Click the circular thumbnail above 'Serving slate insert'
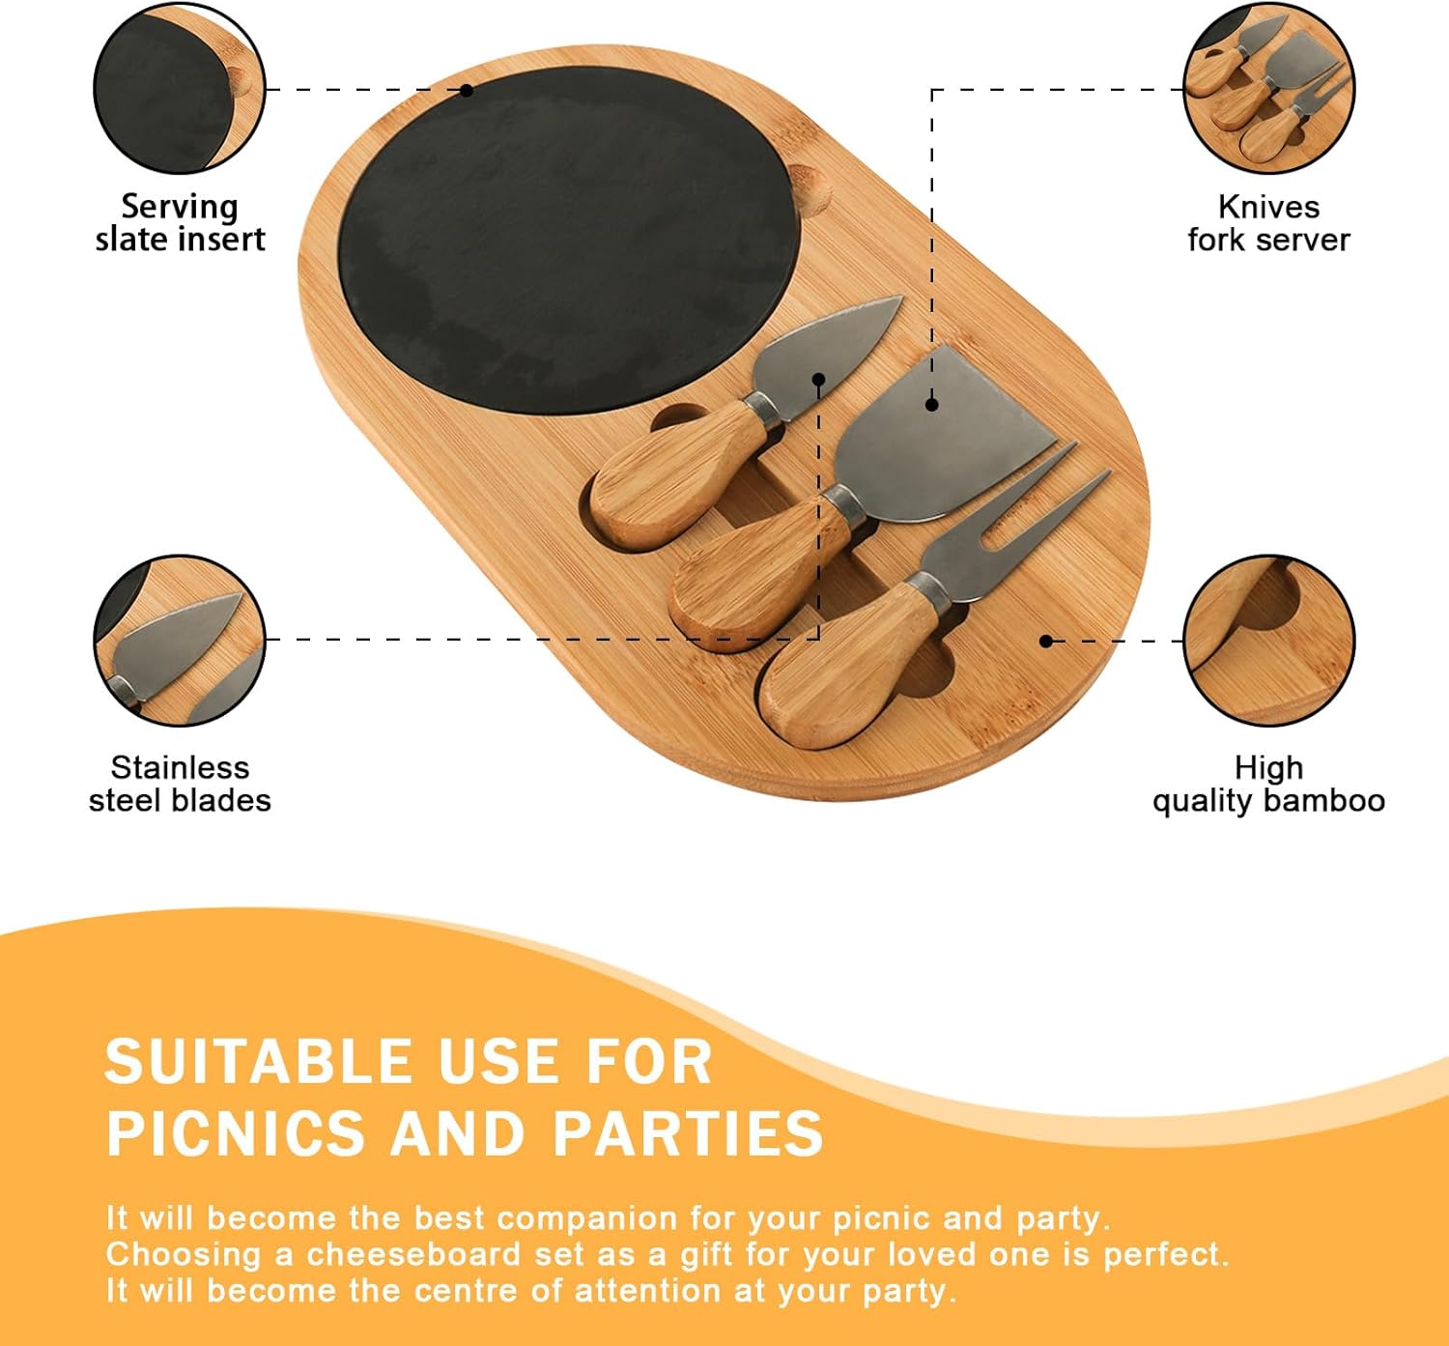(x=180, y=88)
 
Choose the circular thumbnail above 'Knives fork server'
(x=1268, y=88)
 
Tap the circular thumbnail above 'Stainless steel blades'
(x=180, y=641)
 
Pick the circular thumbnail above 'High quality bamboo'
(x=1268, y=641)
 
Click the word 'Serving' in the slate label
(x=180, y=208)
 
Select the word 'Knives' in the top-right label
(x=1268, y=208)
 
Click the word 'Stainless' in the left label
(x=181, y=768)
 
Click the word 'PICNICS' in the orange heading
(x=236, y=1133)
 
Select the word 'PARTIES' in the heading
(x=688, y=1133)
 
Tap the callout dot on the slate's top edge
(x=467, y=91)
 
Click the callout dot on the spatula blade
(x=932, y=405)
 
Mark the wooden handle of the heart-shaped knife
(x=678, y=474)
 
